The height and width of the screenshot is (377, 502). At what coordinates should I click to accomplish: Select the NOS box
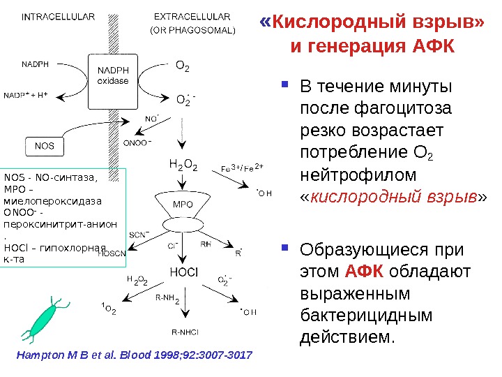tap(44, 147)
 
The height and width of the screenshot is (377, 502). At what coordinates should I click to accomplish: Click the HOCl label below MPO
tap(184, 270)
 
